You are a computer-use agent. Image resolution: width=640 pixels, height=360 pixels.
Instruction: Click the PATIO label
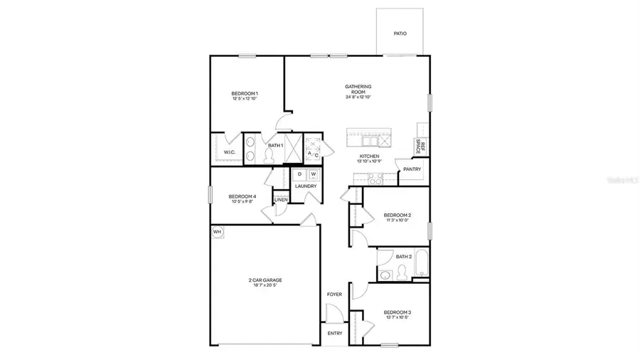400,33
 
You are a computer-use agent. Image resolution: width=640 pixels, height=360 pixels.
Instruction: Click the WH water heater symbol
217,231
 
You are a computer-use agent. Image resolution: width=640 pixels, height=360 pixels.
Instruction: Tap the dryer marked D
299,174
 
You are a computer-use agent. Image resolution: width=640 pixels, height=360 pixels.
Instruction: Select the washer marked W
313,174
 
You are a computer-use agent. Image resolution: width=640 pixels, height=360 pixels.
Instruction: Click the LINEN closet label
281,200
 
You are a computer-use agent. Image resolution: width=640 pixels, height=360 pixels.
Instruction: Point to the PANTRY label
412,169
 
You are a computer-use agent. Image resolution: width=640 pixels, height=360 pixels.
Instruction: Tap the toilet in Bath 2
403,271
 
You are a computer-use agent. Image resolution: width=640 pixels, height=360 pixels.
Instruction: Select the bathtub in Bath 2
421,263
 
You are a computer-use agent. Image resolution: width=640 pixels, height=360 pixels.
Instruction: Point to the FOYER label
334,294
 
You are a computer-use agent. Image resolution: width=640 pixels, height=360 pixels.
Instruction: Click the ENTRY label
334,332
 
